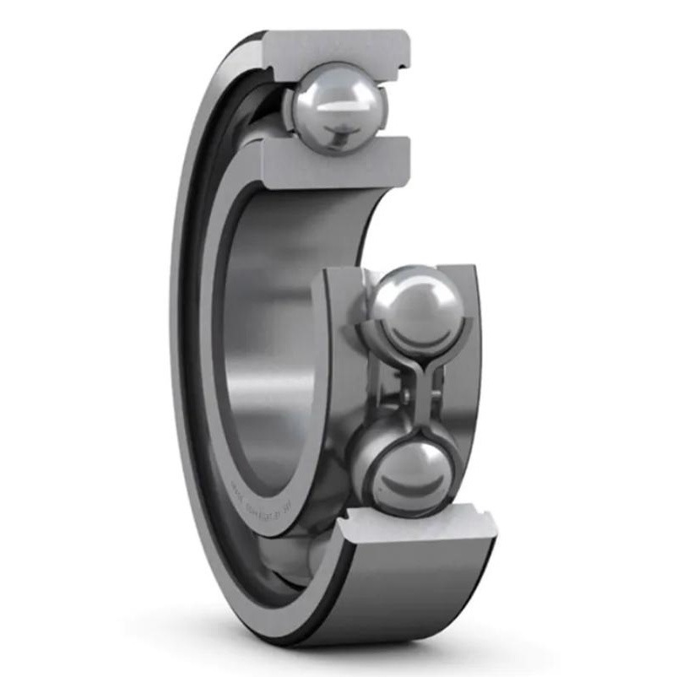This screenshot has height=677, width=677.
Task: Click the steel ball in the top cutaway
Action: [x=336, y=106]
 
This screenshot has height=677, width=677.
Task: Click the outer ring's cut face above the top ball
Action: [x=338, y=46]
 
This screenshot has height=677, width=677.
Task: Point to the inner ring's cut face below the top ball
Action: [x=338, y=165]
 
